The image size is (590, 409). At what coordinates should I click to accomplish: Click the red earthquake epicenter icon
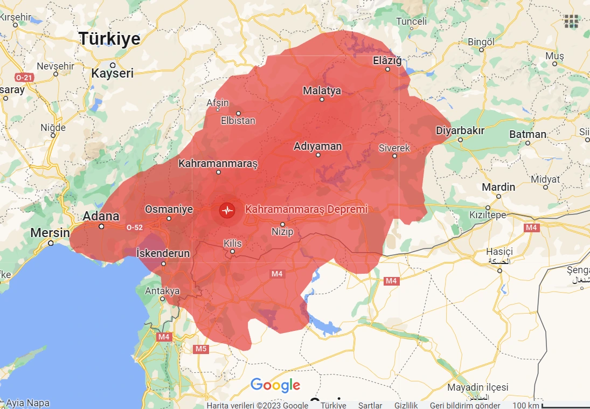click(x=227, y=210)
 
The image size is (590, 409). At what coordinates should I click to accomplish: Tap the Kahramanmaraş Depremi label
click(x=306, y=209)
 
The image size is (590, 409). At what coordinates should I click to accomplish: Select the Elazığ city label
click(x=387, y=61)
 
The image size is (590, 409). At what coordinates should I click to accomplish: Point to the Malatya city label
click(x=322, y=91)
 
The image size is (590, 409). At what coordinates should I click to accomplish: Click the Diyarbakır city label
click(x=460, y=130)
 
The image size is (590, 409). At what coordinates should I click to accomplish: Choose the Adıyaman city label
click(x=317, y=147)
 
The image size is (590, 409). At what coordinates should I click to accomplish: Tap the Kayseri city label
click(x=112, y=73)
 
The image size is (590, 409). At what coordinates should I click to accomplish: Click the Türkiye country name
click(x=109, y=39)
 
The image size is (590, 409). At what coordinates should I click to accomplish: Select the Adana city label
click(x=101, y=217)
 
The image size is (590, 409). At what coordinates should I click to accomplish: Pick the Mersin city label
click(x=50, y=233)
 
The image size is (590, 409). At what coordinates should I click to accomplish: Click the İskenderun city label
click(x=163, y=253)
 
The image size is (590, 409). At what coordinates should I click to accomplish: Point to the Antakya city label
click(x=162, y=291)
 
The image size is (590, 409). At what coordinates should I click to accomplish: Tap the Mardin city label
click(x=498, y=188)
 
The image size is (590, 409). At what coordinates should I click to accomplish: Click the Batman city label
click(x=527, y=135)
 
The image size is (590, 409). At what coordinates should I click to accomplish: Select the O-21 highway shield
click(x=24, y=78)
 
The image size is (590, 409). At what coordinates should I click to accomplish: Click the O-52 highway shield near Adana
click(x=134, y=228)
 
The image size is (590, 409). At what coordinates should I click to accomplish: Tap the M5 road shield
click(x=200, y=349)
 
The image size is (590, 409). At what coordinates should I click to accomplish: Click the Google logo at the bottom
click(x=275, y=385)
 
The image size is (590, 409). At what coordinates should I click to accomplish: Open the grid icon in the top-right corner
click(x=571, y=21)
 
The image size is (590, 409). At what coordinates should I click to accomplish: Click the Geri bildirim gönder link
click(x=464, y=405)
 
